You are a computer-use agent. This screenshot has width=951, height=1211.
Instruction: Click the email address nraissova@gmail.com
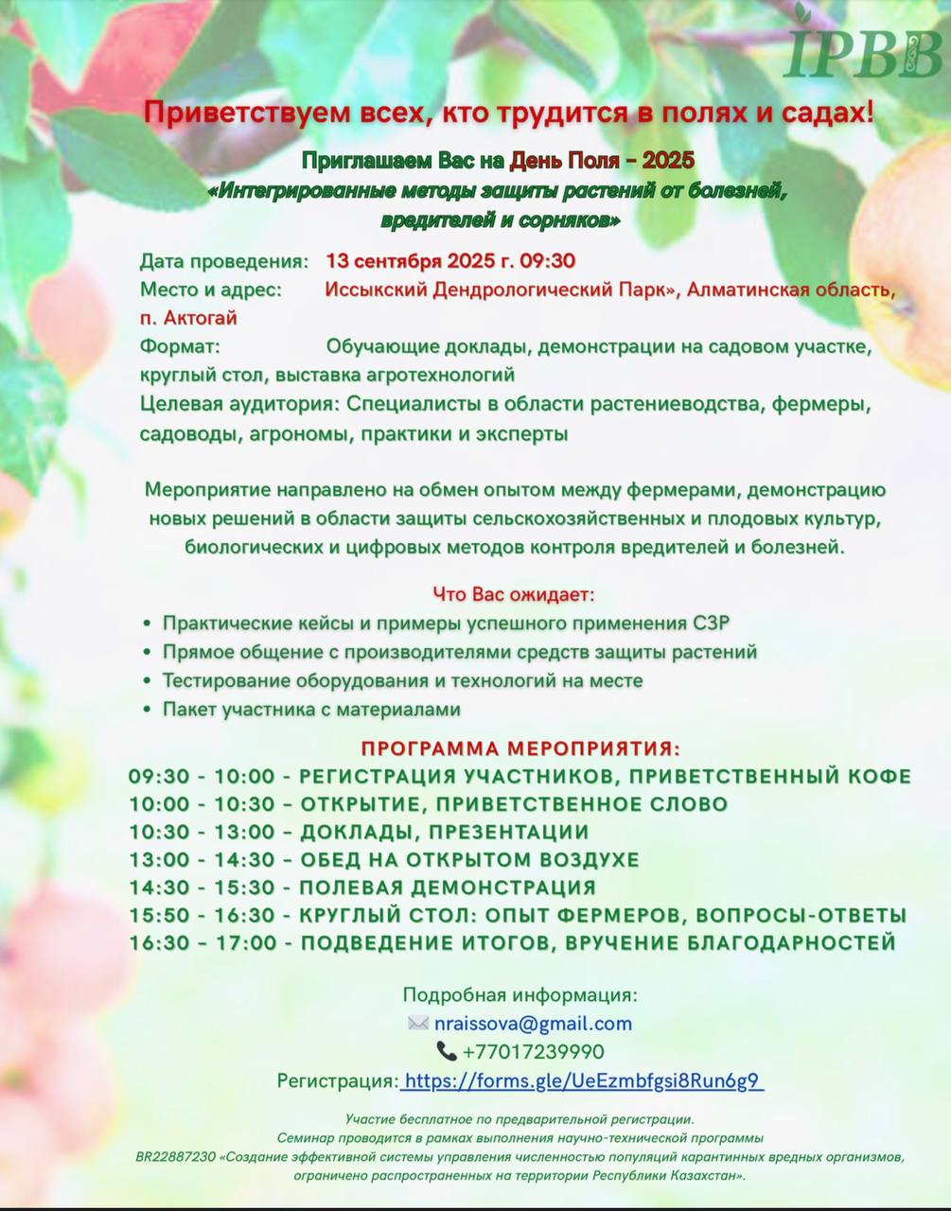click(x=533, y=1024)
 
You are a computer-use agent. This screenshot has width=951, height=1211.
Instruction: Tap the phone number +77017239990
click(x=533, y=1052)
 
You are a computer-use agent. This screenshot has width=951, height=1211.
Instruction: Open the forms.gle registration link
click(x=583, y=1081)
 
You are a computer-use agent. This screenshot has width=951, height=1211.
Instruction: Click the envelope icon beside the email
click(x=417, y=1024)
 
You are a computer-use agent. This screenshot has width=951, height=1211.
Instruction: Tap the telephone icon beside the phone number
click(x=447, y=1051)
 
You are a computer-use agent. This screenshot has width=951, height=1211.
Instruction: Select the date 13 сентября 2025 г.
click(x=418, y=261)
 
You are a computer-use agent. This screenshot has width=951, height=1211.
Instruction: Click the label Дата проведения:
click(x=224, y=261)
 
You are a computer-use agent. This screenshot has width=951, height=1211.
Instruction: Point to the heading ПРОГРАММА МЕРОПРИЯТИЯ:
click(x=520, y=748)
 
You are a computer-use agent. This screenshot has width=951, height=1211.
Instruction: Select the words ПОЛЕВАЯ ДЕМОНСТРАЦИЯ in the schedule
click(x=448, y=887)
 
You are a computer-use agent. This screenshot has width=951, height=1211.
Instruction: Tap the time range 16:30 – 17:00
click(x=203, y=943)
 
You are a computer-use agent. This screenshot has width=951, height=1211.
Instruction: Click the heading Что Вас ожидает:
click(x=514, y=595)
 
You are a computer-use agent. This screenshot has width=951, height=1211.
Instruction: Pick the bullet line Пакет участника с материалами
click(x=311, y=709)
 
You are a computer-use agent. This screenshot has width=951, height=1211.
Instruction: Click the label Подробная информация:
click(x=520, y=995)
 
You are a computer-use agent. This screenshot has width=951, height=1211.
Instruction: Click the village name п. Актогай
click(x=188, y=318)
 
